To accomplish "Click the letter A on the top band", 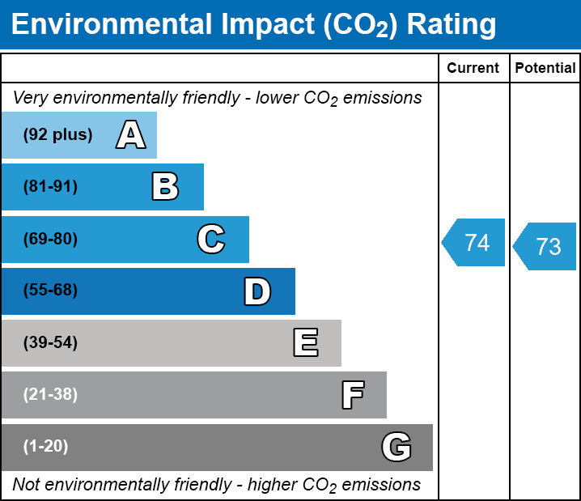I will (131, 134).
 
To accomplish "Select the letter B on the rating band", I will (165, 187).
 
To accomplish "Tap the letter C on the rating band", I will (211, 239).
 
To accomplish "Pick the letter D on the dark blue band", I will (257, 291).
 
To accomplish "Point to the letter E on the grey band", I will (305, 343).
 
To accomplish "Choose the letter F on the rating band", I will (352, 395).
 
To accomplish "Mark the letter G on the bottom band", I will (397, 447).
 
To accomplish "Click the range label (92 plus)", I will (57, 134).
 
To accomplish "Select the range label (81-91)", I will (50, 187).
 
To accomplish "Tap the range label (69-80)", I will (50, 239).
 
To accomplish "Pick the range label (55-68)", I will (50, 291).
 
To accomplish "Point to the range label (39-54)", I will (50, 343).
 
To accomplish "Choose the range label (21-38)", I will (50, 395).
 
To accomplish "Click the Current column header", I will (473, 68).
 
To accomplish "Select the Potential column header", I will (545, 68).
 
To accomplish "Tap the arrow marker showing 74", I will (474, 242).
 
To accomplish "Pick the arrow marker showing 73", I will (545, 246).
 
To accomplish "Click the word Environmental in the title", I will (111, 25).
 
